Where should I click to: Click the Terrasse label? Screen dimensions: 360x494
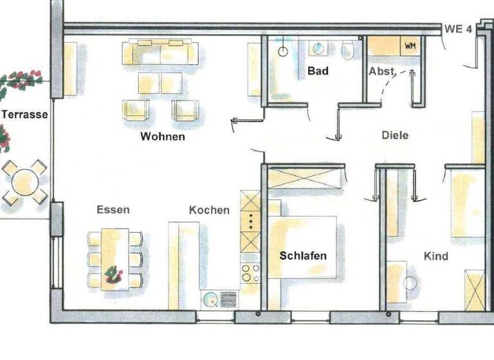(24, 114)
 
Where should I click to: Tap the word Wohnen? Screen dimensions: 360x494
(163, 136)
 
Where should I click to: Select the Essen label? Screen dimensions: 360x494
(113, 210)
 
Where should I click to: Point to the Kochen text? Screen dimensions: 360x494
(209, 210)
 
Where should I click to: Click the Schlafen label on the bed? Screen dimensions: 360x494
(303, 256)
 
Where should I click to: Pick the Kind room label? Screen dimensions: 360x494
(435, 256)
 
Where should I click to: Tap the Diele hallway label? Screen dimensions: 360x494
(395, 136)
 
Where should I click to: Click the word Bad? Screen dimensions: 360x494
(318, 70)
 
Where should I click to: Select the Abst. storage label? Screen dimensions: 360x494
(381, 71)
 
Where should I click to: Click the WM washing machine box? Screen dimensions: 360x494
(410, 46)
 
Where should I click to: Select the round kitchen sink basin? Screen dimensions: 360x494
(210, 298)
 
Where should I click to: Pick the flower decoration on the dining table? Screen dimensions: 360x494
(113, 275)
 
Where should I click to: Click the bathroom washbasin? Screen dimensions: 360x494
(318, 48)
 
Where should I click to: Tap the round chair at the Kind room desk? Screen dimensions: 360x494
(410, 282)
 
